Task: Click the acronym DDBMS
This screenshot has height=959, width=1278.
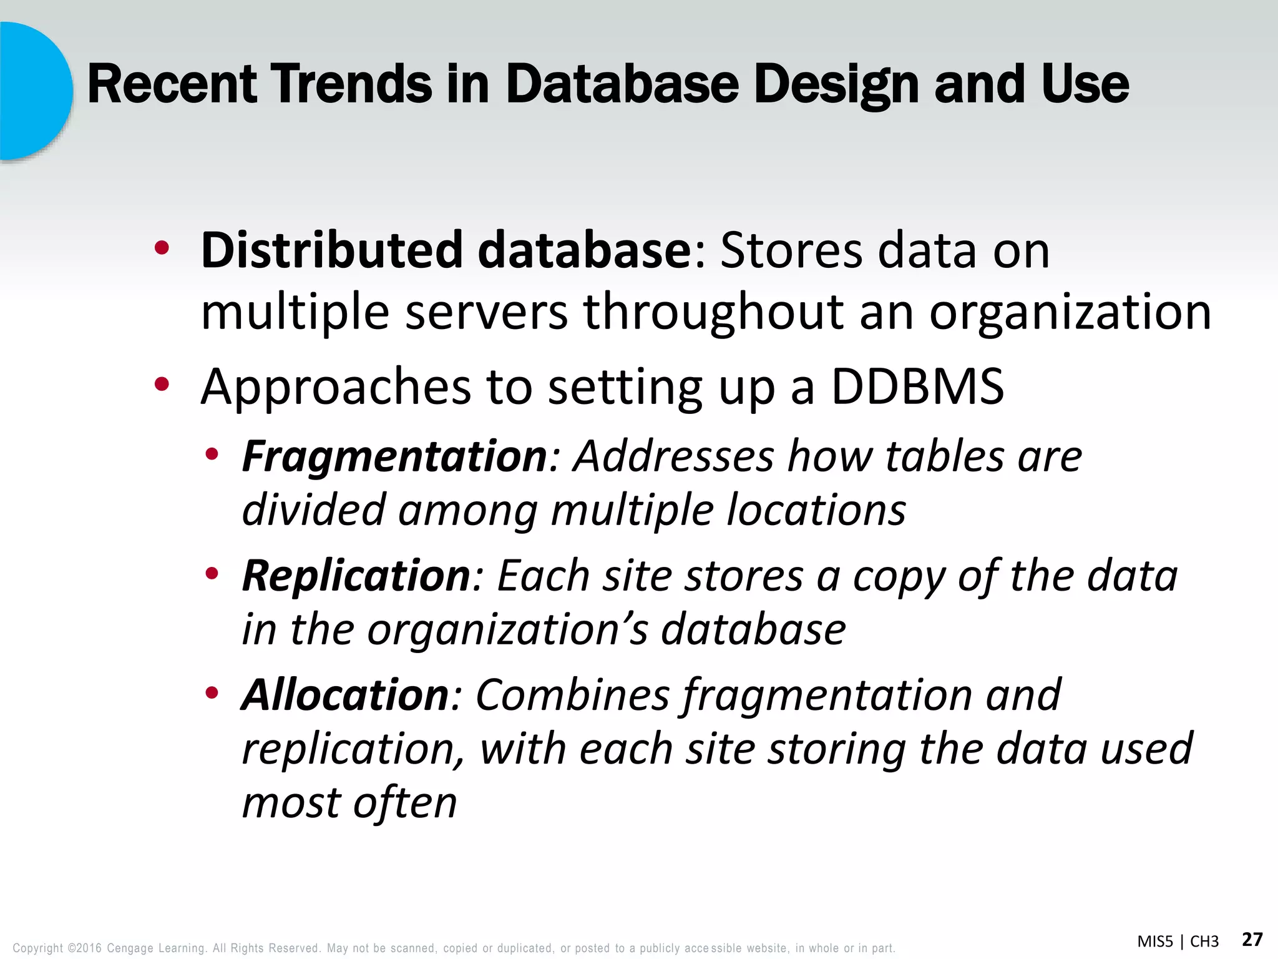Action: click(917, 387)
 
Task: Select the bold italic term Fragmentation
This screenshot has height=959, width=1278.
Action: click(394, 456)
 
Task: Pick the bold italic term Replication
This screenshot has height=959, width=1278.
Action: click(356, 576)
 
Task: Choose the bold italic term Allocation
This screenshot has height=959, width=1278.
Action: click(345, 695)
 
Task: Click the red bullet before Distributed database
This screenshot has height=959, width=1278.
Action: click(162, 248)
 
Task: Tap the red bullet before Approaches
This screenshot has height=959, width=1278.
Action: click(162, 385)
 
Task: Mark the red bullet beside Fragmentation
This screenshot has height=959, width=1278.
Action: click(212, 455)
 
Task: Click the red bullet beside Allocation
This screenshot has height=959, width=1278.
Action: click(212, 692)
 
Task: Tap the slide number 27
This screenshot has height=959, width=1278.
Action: click(1252, 940)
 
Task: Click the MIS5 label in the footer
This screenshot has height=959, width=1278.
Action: click(1155, 942)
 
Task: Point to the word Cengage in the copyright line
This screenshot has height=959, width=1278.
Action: click(130, 948)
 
